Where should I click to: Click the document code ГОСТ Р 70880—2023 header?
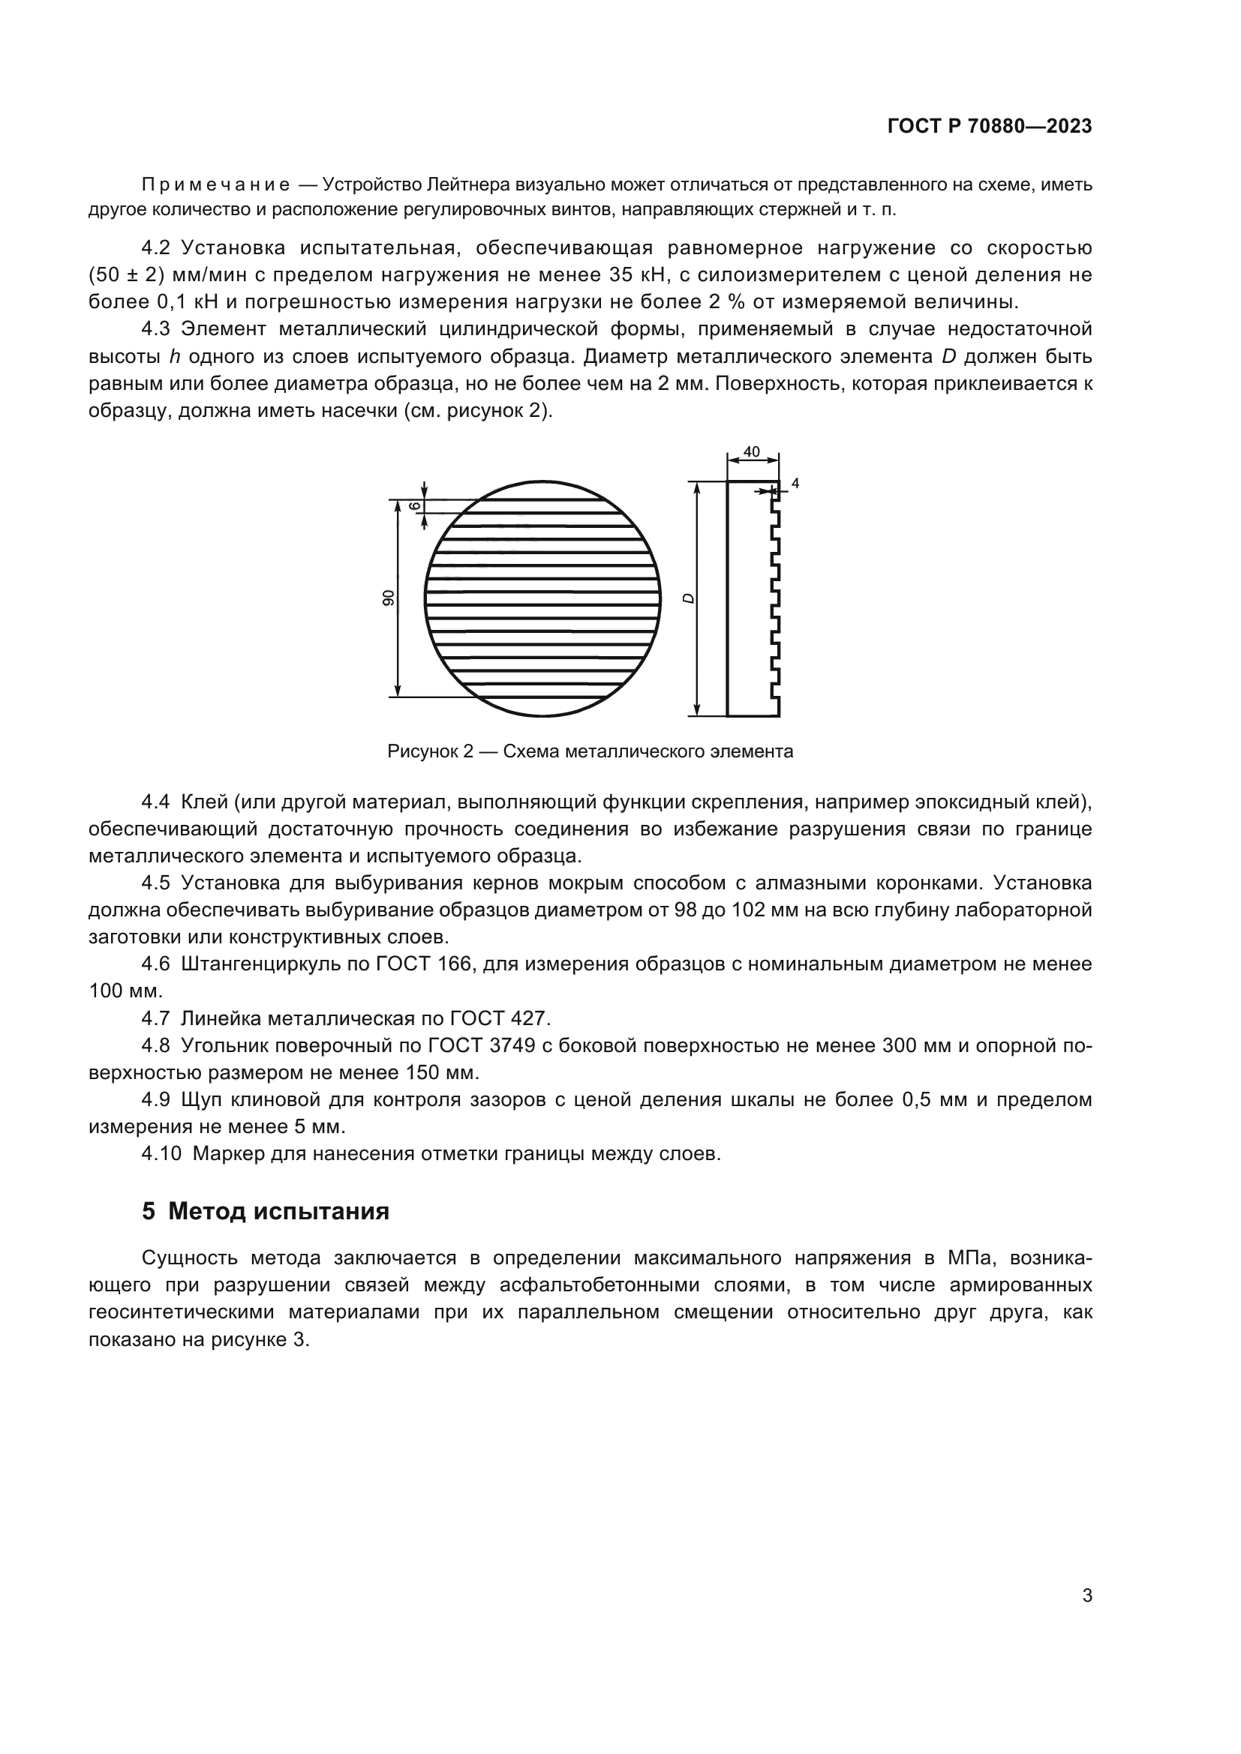[x=990, y=126]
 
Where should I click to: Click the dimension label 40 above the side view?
[x=751, y=451]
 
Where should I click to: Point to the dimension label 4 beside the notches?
[x=795, y=483]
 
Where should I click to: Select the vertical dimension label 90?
[x=388, y=598]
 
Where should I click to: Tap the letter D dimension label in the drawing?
[x=688, y=598]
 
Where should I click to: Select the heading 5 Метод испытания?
[x=265, y=1211]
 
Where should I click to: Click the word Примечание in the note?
[x=216, y=185]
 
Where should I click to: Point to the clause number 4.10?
[x=161, y=1153]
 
